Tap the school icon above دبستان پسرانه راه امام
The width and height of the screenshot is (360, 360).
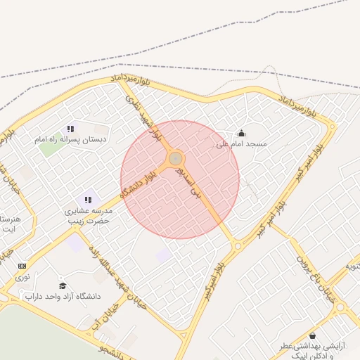(70, 129)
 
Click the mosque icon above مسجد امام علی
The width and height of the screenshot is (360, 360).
(241, 134)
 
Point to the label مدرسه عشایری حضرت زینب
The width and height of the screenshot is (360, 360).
(88, 214)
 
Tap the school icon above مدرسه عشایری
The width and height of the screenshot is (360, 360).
(88, 200)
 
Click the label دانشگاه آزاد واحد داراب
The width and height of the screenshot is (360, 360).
(68, 297)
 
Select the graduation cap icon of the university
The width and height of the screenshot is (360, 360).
(63, 286)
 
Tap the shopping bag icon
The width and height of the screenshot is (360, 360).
(311, 336)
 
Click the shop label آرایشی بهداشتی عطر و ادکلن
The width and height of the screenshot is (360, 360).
(309, 351)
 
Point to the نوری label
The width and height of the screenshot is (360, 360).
(22, 277)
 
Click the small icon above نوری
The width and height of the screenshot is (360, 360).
(22, 266)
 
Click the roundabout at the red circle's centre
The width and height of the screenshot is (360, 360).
(176, 160)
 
